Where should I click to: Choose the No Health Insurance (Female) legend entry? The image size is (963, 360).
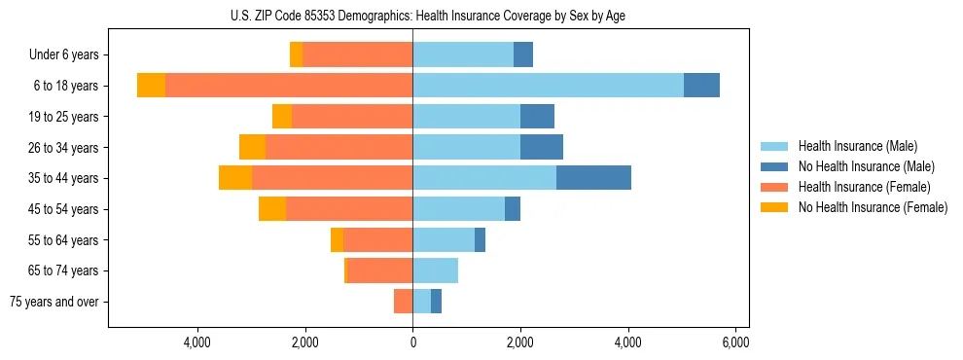873,207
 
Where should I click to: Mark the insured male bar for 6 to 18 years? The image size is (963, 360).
548,86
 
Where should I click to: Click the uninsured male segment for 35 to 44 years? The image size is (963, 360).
593,178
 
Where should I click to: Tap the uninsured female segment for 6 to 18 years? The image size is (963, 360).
151,86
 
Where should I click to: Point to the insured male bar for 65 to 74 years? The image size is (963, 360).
435,270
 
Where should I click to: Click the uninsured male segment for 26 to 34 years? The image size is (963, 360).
542,147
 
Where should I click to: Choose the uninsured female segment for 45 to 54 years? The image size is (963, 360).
272,209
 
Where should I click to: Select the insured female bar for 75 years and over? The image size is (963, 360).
403,302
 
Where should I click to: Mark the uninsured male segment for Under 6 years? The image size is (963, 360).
523,55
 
